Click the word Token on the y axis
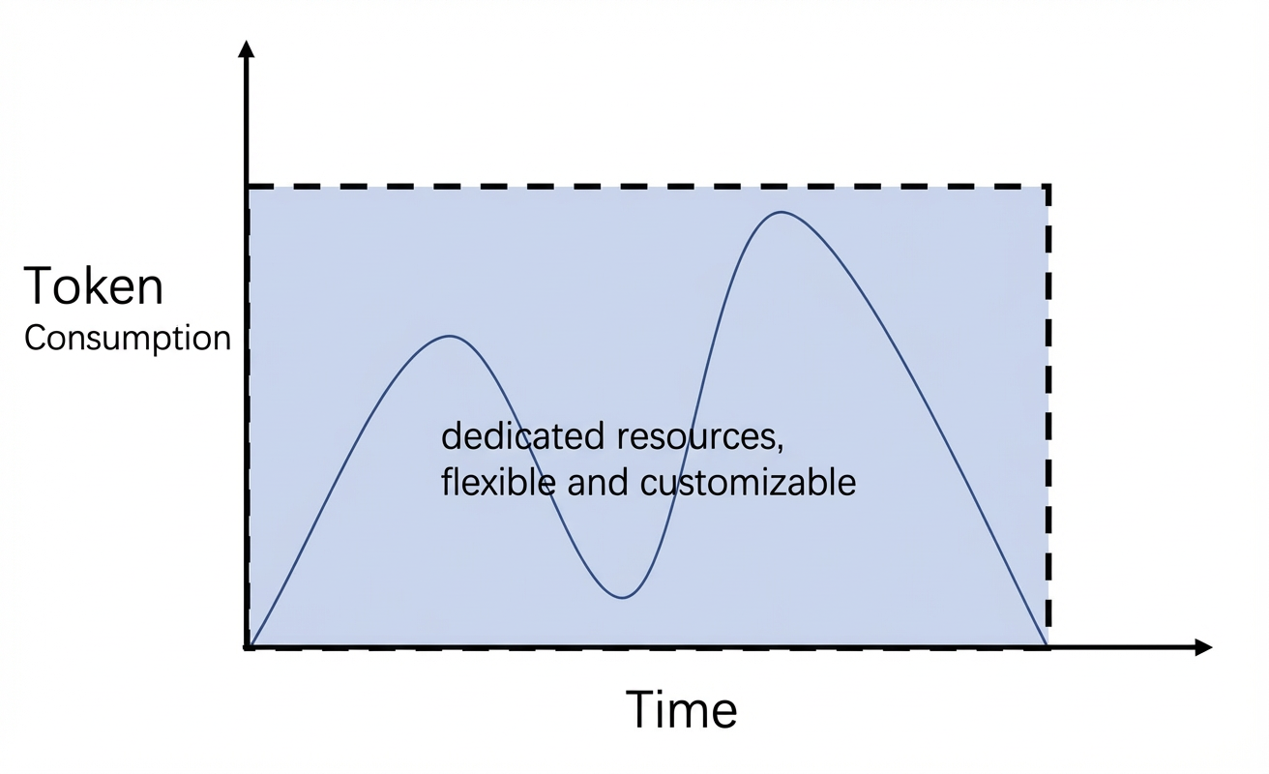click(x=94, y=286)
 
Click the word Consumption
click(x=128, y=339)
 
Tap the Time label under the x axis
click(x=682, y=709)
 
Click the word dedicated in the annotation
click(x=522, y=437)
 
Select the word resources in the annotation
click(x=695, y=438)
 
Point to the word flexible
click(x=498, y=482)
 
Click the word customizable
click(x=748, y=482)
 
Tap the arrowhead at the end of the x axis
click(x=1203, y=647)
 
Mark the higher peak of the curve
click(x=782, y=212)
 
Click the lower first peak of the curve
click(x=449, y=336)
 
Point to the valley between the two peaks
click(x=623, y=598)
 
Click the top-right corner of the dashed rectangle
click(x=1048, y=186)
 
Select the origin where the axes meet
click(x=247, y=647)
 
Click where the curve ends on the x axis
click(x=1047, y=646)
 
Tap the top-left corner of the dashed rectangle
click(x=248, y=186)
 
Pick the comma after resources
click(x=781, y=448)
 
